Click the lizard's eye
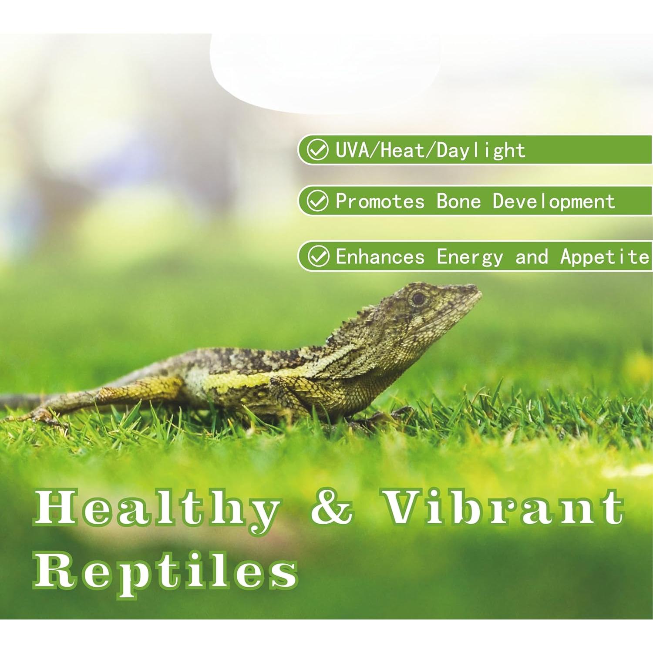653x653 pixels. pyautogui.click(x=418, y=298)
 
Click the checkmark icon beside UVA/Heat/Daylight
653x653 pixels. pyautogui.click(x=317, y=150)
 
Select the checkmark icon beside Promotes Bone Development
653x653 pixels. pyautogui.click(x=317, y=201)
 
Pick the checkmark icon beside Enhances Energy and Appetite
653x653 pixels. pyautogui.click(x=318, y=256)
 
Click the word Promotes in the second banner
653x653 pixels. pyautogui.click(x=380, y=201)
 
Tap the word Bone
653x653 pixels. pyautogui.click(x=459, y=201)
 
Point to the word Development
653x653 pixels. pyautogui.click(x=554, y=202)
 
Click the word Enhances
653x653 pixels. pyautogui.click(x=380, y=256)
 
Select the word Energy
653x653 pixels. pyautogui.click(x=470, y=257)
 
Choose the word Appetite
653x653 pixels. pyautogui.click(x=605, y=257)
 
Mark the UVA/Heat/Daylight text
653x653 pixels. pyautogui.click(x=430, y=150)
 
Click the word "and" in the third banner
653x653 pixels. pyautogui.click(x=532, y=256)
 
